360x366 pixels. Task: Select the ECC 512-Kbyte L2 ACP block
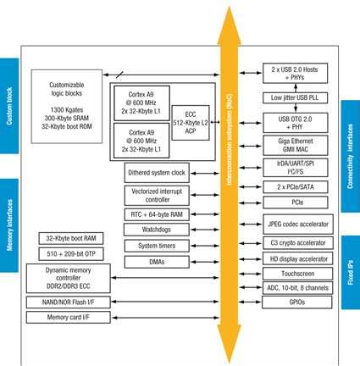(x=190, y=123)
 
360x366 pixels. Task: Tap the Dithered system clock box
(x=161, y=172)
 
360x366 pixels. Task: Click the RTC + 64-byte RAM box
(x=161, y=216)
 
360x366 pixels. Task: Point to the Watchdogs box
(x=161, y=230)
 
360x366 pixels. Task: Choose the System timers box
(x=161, y=246)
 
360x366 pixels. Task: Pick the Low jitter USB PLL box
(x=289, y=98)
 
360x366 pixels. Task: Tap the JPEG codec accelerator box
(x=289, y=225)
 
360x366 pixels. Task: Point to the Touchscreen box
(x=289, y=274)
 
